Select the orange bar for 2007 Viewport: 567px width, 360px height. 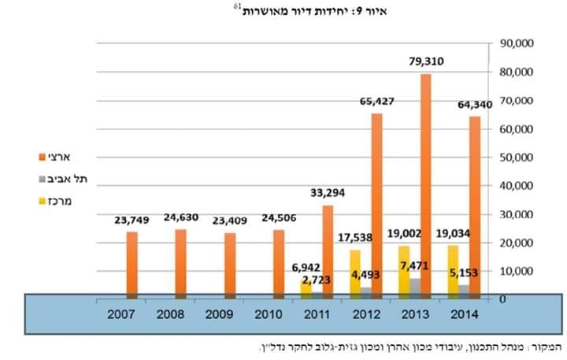click(x=132, y=264)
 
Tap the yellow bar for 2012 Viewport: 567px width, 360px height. click(x=354, y=272)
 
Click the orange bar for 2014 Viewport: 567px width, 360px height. click(x=474, y=205)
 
